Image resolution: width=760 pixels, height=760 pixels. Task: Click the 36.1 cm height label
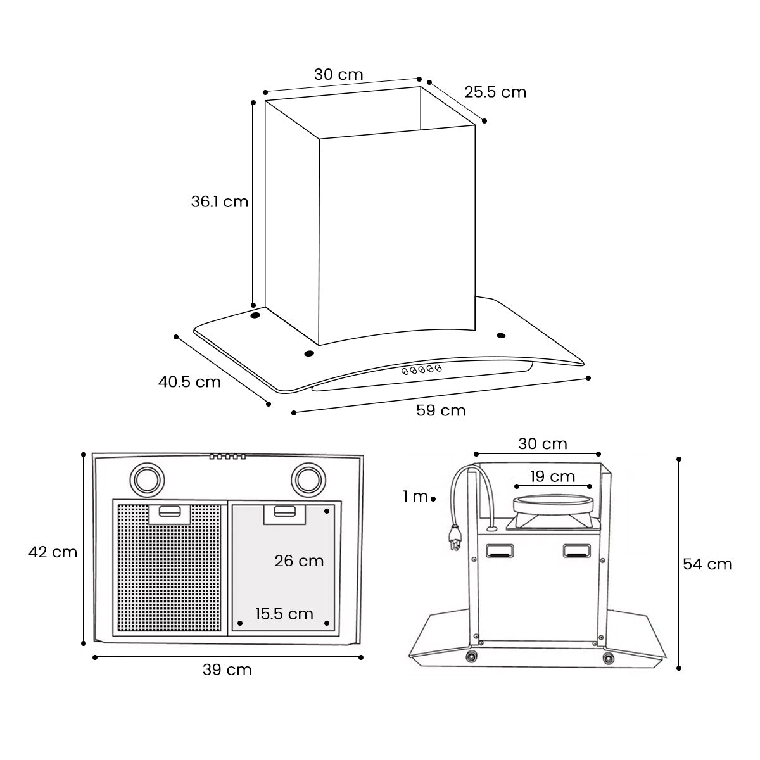pos(220,201)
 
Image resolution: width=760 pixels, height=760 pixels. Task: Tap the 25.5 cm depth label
pos(495,92)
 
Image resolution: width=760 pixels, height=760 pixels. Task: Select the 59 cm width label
pos(441,411)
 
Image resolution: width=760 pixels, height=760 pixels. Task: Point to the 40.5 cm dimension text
pos(189,382)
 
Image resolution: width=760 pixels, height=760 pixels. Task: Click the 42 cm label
pos(53,552)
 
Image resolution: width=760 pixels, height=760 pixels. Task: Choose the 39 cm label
pos(227,669)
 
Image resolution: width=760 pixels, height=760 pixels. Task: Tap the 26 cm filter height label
pos(299,560)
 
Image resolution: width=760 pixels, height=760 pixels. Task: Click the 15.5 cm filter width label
pos(284,614)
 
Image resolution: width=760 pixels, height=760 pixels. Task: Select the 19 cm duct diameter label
pos(553,476)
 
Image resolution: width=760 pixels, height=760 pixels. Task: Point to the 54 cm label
pos(707,564)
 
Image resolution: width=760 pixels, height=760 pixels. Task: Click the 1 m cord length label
pos(415,497)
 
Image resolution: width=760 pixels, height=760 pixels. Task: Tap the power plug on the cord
pos(455,540)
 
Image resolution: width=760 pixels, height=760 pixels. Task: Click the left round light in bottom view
pos(148,479)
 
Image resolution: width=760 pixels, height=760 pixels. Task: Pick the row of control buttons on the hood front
pos(421,370)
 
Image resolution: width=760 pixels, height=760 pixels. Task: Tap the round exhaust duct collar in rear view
pos(554,505)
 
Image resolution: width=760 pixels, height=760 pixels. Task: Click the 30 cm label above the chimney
pos(339,74)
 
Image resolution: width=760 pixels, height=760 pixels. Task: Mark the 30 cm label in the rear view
pos(543,444)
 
